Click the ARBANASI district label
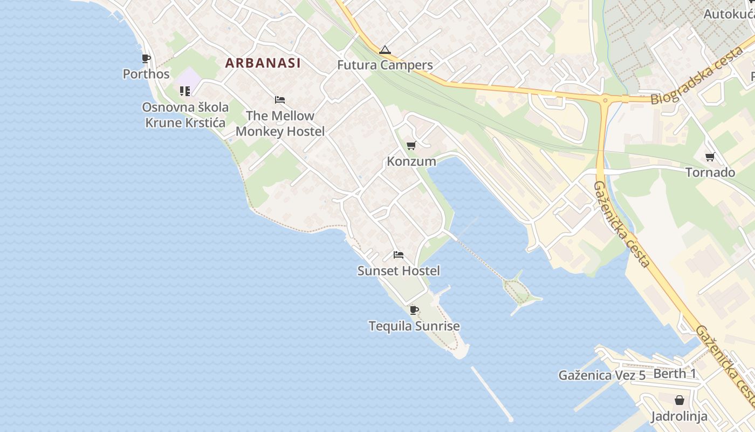[263, 63]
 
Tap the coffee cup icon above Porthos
[146, 58]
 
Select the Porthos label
[146, 74]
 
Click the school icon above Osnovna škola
[185, 91]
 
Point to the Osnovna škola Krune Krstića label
[185, 115]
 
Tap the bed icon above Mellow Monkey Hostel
[280, 100]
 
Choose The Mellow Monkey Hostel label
[280, 124]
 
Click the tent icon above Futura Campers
[385, 50]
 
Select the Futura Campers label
[385, 65]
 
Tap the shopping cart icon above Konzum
[411, 145]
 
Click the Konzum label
[411, 161]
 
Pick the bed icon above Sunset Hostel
[399, 255]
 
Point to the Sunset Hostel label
[399, 271]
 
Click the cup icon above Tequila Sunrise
[414, 310]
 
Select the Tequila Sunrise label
[414, 326]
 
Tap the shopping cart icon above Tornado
[710, 157]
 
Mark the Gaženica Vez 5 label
[602, 375]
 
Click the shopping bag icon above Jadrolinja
[679, 400]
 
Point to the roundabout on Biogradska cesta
[605, 99]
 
